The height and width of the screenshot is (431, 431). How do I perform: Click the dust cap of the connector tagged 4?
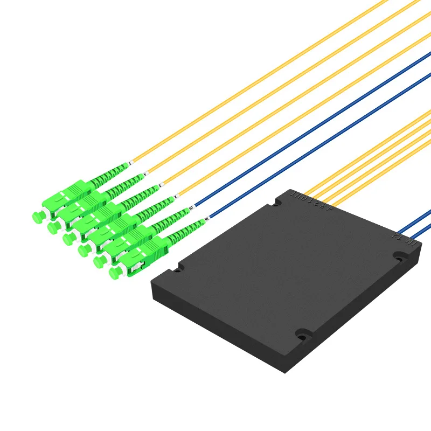tap(52, 228)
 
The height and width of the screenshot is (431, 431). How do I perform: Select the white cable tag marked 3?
tap(161, 186)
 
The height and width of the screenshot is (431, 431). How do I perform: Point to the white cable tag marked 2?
tap(176, 197)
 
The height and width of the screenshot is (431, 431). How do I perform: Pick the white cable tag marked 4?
tap(145, 174)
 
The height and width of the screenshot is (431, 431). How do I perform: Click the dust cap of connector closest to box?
tap(114, 274)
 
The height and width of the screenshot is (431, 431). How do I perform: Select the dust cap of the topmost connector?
tap(37, 217)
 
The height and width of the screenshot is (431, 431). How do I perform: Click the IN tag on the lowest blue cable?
tap(206, 219)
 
